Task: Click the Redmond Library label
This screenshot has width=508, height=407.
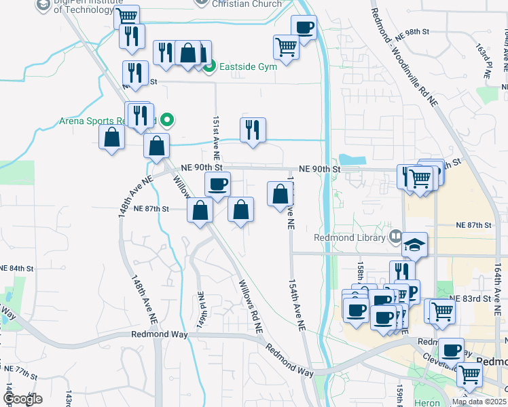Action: tap(350, 237)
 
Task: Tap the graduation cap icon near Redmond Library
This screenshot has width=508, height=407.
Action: tap(414, 244)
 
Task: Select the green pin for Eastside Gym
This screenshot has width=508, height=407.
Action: tap(210, 66)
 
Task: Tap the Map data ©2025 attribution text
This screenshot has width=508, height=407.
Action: tap(478, 402)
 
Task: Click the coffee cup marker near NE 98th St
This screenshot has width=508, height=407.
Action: tap(304, 28)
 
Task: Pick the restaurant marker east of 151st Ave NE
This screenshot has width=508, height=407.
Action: tap(253, 129)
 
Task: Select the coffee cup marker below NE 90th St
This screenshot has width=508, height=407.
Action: tap(217, 184)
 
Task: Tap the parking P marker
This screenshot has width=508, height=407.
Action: tap(410, 290)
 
